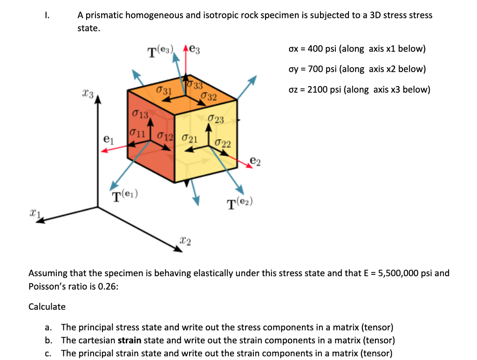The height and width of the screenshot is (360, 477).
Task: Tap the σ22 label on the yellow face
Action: click(x=223, y=143)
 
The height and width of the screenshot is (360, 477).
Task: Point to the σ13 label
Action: click(x=140, y=114)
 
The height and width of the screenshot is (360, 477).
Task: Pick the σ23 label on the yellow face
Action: click(x=216, y=120)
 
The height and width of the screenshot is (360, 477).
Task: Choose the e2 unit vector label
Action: click(x=255, y=161)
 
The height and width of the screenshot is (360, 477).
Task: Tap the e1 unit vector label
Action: click(x=108, y=138)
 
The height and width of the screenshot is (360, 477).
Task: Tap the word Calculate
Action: click(x=47, y=306)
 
